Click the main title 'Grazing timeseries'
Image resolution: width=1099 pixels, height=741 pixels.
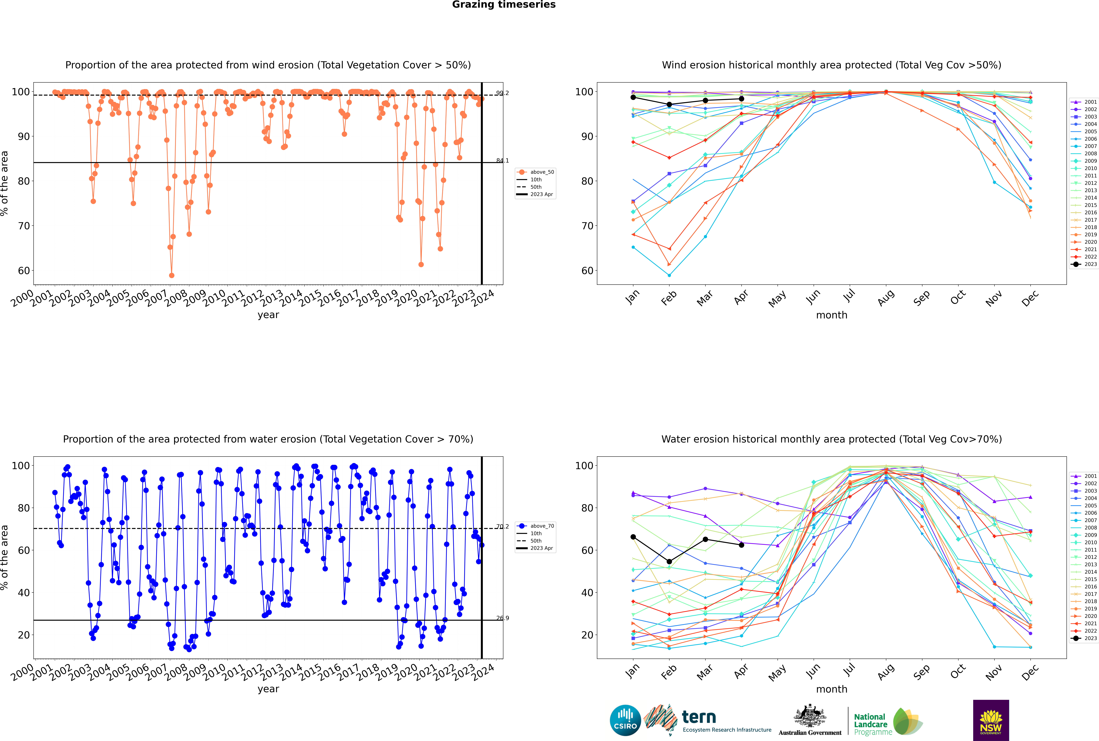pos(504,5)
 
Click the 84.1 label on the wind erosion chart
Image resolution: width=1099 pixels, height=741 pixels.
pos(502,161)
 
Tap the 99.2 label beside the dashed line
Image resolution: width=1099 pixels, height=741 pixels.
pos(502,93)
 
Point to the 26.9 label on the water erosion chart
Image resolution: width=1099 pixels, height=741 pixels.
pos(502,618)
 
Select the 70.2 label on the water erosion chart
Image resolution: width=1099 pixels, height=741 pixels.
pos(502,526)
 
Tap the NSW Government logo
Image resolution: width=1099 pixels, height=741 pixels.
pos(991,720)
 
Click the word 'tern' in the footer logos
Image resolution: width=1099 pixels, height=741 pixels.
pos(699,717)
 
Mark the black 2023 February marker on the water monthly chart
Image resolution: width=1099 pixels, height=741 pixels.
pos(669,562)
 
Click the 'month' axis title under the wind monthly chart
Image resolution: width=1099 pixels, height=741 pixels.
pos(832,315)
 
